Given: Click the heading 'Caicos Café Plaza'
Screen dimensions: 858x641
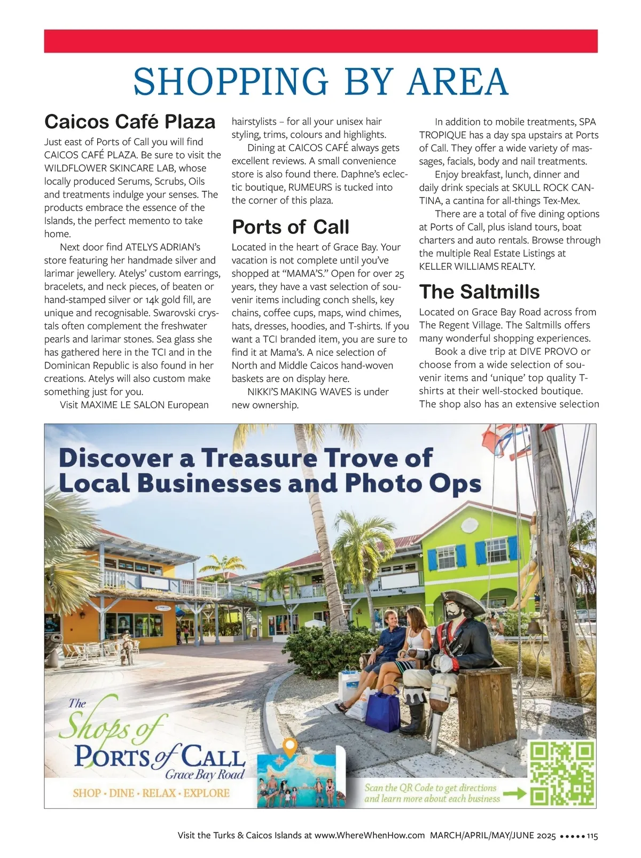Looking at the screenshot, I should pos(130,122).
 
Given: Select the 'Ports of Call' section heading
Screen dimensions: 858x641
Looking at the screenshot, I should pos(290,227).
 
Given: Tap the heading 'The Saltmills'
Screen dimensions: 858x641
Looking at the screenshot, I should pos(479,292).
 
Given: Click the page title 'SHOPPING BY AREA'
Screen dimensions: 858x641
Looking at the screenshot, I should pos(320,81).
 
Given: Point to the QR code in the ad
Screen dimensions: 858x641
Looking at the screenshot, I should pos(561,773).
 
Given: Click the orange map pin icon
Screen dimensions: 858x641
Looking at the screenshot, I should pos(289,747).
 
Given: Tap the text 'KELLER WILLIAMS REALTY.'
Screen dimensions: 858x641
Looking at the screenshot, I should pos(476,267).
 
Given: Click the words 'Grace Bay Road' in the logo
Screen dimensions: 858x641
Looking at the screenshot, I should pos(205,775).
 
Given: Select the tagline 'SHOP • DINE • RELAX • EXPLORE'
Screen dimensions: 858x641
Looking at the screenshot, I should pos(151,793).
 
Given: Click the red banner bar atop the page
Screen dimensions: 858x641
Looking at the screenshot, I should pos(320,41).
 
